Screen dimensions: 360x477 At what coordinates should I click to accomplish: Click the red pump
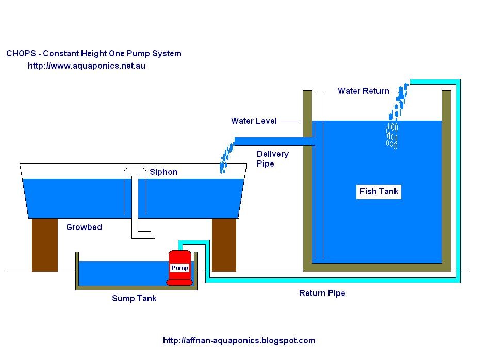click(x=179, y=267)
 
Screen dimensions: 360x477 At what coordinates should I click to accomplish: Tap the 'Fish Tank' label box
click(x=379, y=191)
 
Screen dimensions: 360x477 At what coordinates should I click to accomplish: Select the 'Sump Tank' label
click(x=134, y=298)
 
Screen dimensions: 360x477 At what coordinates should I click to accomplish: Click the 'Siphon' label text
click(x=163, y=172)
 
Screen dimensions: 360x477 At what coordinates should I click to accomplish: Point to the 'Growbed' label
click(x=84, y=227)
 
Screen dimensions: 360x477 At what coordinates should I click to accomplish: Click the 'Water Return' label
click(x=363, y=91)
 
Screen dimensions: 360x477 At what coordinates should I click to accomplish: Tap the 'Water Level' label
click(x=254, y=121)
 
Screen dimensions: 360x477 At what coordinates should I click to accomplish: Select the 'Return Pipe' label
click(x=322, y=293)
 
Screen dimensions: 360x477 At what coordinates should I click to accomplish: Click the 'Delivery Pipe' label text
click(x=272, y=158)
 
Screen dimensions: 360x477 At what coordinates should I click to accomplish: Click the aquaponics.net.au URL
click(x=86, y=66)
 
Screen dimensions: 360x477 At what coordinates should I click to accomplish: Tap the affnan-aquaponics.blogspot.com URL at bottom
click(x=239, y=340)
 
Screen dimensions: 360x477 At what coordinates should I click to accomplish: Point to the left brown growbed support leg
click(x=44, y=244)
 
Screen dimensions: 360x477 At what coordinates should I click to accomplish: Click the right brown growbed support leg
click(x=224, y=244)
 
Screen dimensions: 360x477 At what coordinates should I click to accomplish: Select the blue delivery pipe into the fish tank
click(x=273, y=141)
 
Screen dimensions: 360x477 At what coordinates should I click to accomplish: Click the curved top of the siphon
click(x=135, y=171)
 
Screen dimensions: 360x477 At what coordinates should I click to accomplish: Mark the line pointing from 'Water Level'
click(x=290, y=121)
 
